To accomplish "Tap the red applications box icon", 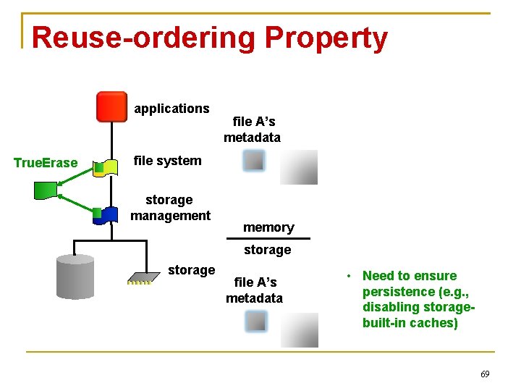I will (x=111, y=106).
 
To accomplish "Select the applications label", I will (x=171, y=109).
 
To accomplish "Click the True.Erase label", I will (x=46, y=162).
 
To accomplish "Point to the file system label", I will (x=168, y=161).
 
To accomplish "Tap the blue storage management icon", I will (x=109, y=214).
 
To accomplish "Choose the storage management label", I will (x=170, y=207).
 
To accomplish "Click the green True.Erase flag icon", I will (x=47, y=190).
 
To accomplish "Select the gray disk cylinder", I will (x=75, y=278).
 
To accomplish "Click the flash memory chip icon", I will (x=143, y=277).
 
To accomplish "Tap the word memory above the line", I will (x=268, y=227).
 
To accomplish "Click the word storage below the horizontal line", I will (x=267, y=250).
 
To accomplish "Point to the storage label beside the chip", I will (x=191, y=270).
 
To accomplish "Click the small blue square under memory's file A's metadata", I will (x=254, y=161).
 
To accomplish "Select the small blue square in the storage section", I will (x=256, y=321).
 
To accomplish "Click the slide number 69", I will (x=485, y=374).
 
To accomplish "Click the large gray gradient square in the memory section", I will (x=300, y=167).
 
